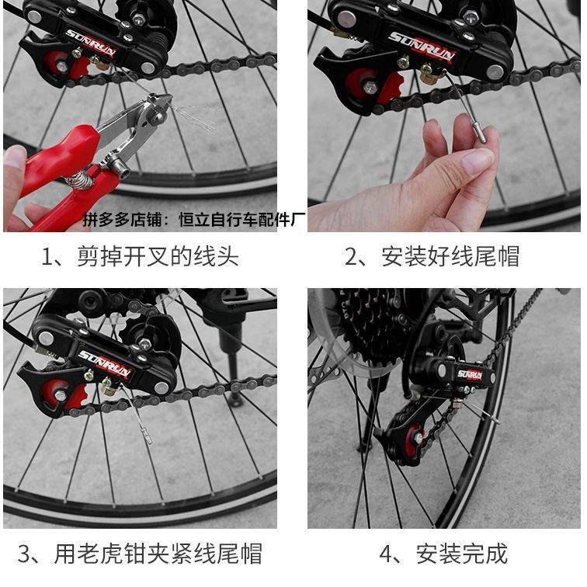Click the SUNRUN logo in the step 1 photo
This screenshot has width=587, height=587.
[x=90, y=43]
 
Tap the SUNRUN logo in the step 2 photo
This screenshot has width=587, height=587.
[x=422, y=47]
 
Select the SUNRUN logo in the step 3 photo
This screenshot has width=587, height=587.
[x=105, y=363]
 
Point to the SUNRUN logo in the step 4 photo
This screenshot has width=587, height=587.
[x=470, y=374]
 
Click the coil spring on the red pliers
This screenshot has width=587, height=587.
[x=80, y=179]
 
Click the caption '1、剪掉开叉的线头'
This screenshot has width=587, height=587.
[x=140, y=257]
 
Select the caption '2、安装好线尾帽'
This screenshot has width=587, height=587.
[x=432, y=257]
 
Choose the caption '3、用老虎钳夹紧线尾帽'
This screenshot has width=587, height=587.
[x=139, y=554]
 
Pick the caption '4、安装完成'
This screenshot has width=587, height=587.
[x=443, y=554]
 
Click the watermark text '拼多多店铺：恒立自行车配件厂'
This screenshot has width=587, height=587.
[x=194, y=220]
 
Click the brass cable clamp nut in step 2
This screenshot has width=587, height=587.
[x=428, y=75]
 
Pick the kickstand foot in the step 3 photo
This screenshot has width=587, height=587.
[x=235, y=401]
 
